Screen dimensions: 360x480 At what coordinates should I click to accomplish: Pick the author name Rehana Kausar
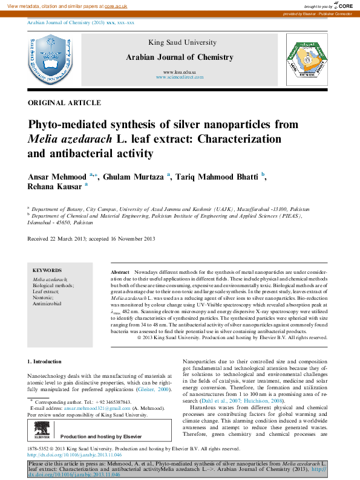[55, 187]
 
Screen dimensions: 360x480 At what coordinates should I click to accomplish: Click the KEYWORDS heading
[47, 270]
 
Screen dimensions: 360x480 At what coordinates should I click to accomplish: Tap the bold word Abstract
[120, 274]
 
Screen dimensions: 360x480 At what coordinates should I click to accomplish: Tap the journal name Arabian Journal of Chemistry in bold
[179, 57]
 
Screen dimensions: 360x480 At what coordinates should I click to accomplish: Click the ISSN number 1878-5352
[41, 449]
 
